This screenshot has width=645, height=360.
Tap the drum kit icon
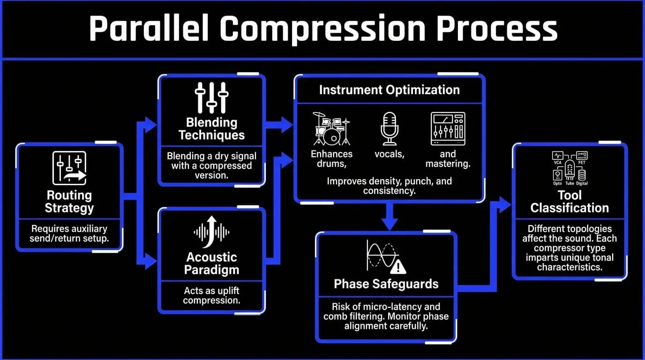[331, 128]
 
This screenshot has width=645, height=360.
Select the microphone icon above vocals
[390, 128]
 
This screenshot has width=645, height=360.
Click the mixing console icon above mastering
[448, 128]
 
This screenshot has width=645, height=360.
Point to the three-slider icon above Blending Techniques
[212, 97]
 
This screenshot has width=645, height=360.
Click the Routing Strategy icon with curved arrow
[69, 168]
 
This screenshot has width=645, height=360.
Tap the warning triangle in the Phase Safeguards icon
[398, 267]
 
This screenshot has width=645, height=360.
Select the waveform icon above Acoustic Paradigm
[212, 232]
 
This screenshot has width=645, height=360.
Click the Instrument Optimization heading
[390, 90]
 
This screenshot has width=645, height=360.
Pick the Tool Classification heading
[570, 201]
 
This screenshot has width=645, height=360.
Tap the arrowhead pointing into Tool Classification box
[505, 205]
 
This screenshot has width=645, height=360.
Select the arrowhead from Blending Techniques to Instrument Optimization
[287, 125]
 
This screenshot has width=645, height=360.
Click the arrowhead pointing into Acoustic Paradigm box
[151, 261]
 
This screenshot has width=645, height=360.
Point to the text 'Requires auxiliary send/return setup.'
[69, 233]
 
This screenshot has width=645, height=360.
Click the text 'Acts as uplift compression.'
[212, 295]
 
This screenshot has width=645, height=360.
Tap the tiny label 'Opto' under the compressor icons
[557, 183]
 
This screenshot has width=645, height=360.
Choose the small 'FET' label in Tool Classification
[582, 163]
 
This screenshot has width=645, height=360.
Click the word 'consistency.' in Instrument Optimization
[390, 191]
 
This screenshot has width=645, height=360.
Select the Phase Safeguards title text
[386, 284]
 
